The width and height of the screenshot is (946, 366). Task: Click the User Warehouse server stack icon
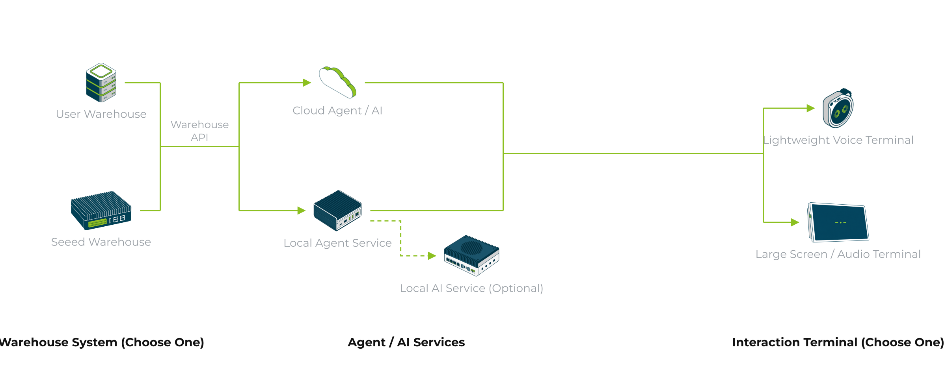tap(101, 83)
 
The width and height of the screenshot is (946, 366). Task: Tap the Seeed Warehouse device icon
tap(101, 211)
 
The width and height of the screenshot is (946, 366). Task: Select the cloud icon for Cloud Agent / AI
tap(338, 82)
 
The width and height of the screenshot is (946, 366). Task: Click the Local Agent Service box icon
tap(337, 211)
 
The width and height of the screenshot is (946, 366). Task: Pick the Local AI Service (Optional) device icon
tap(471, 256)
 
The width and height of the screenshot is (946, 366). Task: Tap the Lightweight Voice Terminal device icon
tap(838, 108)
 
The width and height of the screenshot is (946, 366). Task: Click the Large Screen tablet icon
tap(838, 222)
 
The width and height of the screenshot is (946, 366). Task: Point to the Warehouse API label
tap(199, 131)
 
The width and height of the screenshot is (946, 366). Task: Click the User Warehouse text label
tap(101, 114)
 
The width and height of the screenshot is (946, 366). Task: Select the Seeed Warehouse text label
tap(101, 242)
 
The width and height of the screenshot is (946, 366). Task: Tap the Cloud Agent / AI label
tap(337, 111)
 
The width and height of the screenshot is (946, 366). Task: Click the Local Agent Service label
tap(338, 243)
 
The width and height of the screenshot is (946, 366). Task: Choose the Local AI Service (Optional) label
tap(471, 288)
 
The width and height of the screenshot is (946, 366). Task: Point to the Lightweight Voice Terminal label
tap(838, 140)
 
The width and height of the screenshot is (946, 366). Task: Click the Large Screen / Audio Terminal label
tap(838, 254)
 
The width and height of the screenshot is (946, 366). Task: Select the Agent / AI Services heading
tap(406, 342)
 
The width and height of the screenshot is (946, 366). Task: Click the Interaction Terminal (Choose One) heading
tap(838, 342)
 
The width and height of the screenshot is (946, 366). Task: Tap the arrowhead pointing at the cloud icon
tap(307, 83)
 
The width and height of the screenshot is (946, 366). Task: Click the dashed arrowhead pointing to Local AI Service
tap(432, 256)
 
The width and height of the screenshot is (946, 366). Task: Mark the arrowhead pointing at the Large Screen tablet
tap(795, 222)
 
